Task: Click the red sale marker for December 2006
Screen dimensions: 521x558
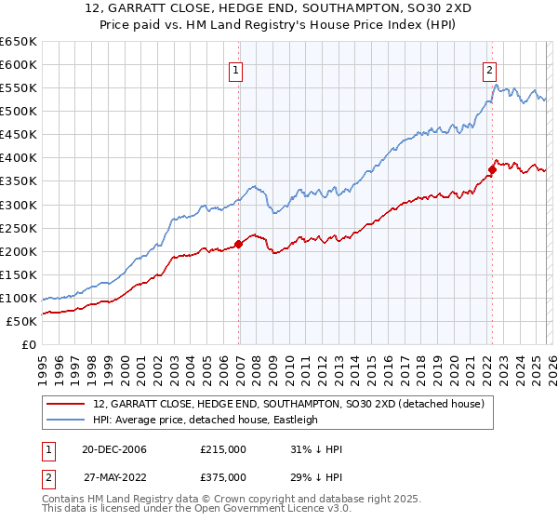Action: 238,244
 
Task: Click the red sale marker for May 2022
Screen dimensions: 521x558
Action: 491,169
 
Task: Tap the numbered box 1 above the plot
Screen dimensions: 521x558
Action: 236,68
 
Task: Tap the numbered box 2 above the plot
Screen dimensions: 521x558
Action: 489,68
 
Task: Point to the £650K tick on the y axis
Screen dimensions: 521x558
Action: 19,42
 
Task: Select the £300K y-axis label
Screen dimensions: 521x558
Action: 19,205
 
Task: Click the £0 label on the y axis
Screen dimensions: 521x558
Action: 28,344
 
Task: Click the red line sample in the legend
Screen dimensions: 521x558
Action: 67,405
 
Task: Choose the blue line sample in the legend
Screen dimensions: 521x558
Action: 67,421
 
